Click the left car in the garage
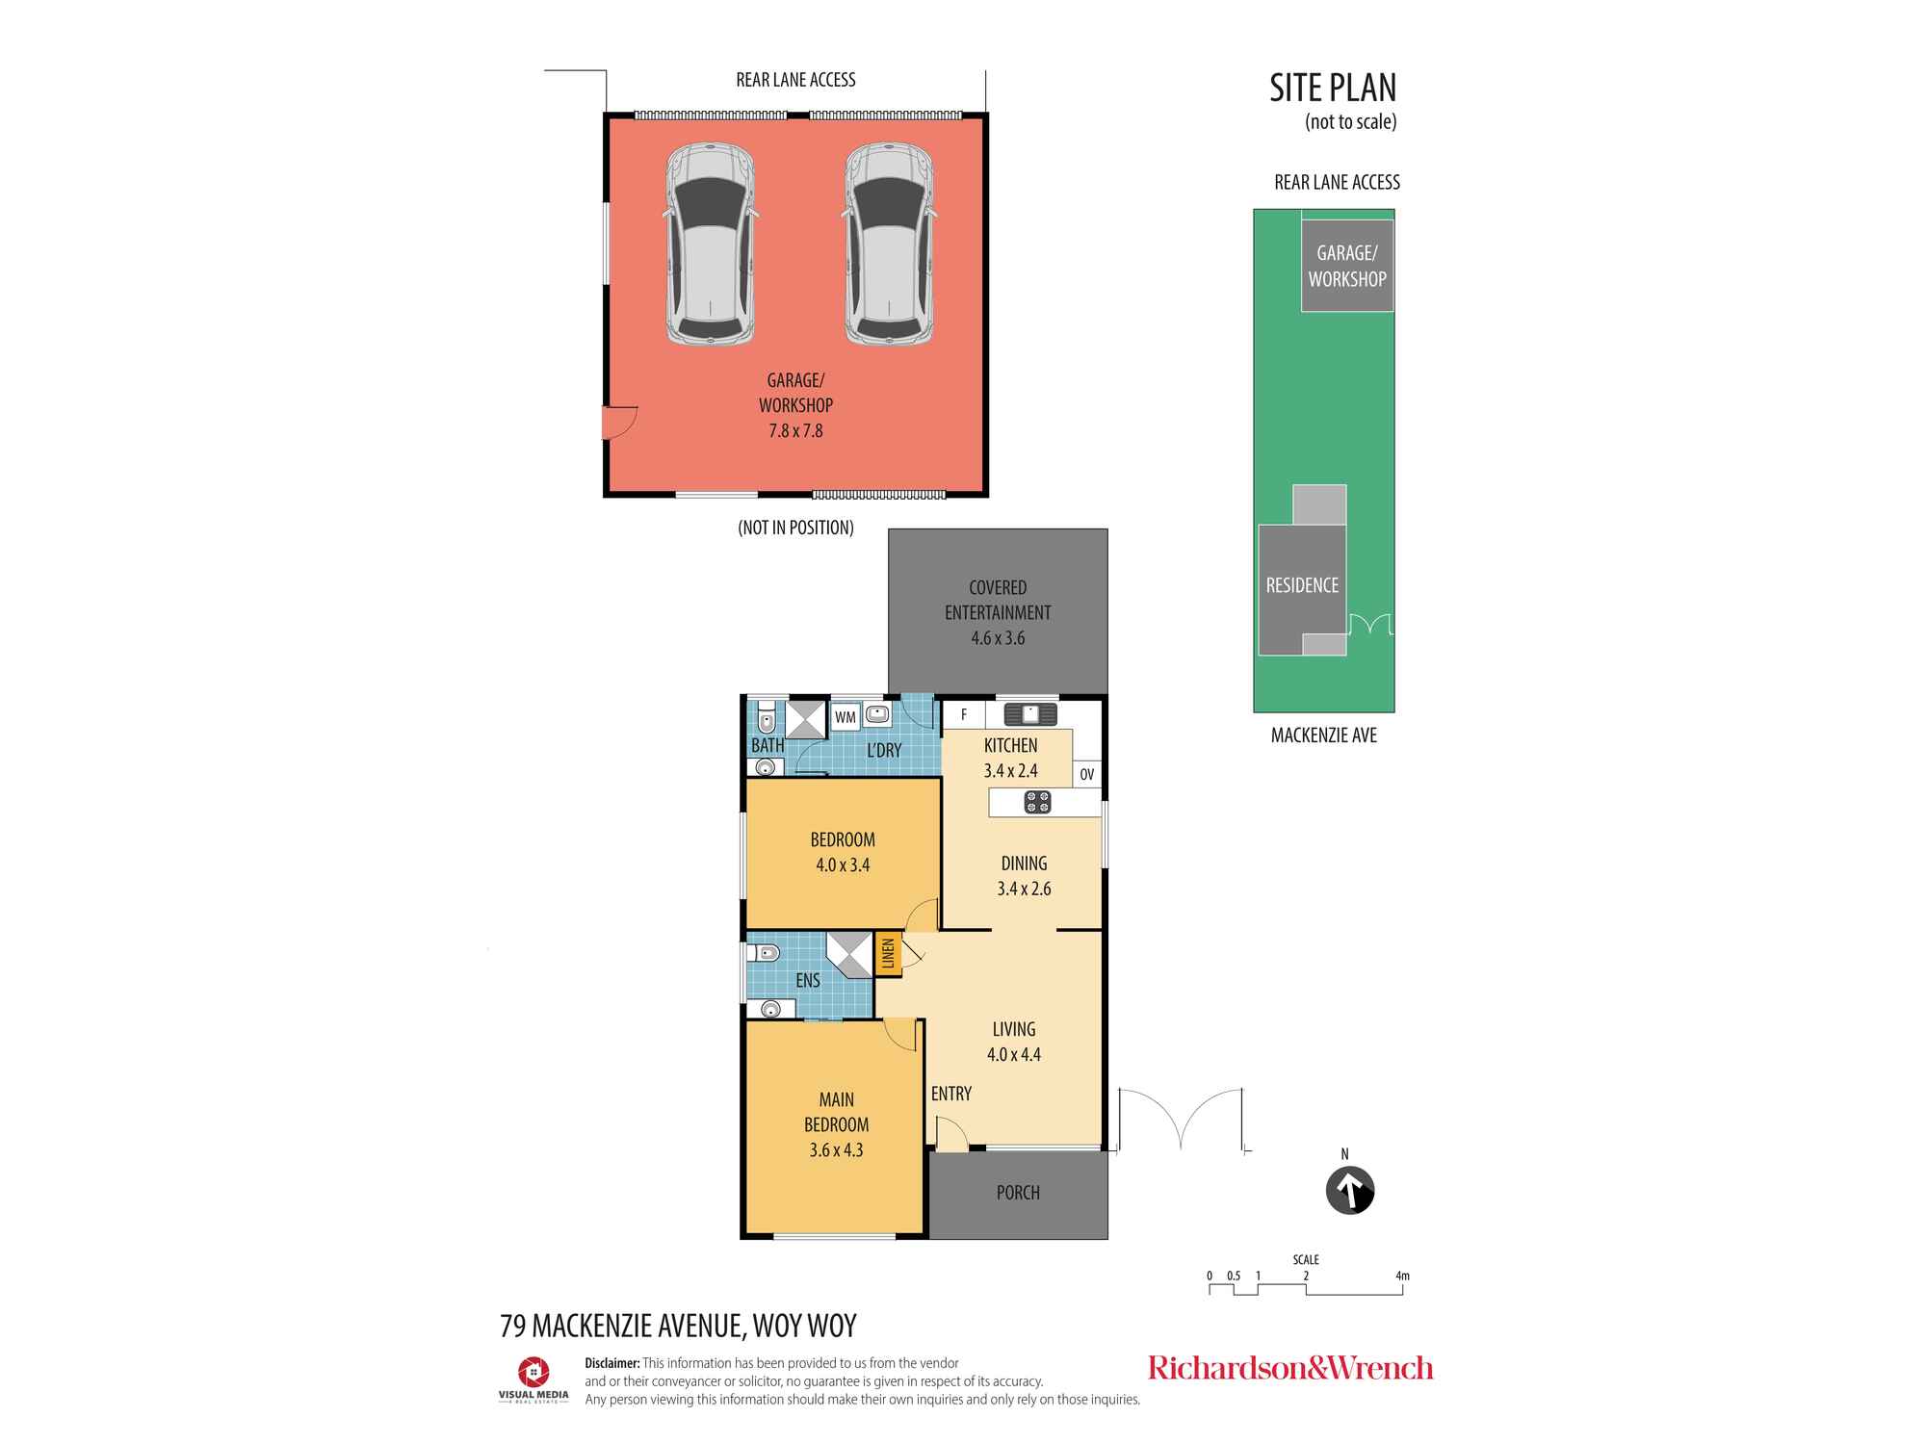tap(711, 245)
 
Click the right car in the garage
tap(890, 245)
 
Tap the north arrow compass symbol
tap(1349, 1192)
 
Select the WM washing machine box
tap(846, 717)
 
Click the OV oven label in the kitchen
tap(1086, 774)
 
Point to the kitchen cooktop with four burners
tap(1037, 802)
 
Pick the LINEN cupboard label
tap(888, 954)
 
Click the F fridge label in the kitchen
tap(964, 715)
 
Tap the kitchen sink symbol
tap(1030, 714)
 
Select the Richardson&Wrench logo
tap(1290, 1368)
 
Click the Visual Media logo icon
tap(534, 1372)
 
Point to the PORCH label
tap(1018, 1193)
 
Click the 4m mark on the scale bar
tap(1402, 1276)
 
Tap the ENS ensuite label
tap(808, 980)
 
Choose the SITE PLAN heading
tap(1333, 88)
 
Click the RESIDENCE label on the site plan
tap(1302, 585)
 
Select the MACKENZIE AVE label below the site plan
tap(1324, 735)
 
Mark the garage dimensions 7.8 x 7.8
tap(795, 431)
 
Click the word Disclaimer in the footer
tap(612, 1363)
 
